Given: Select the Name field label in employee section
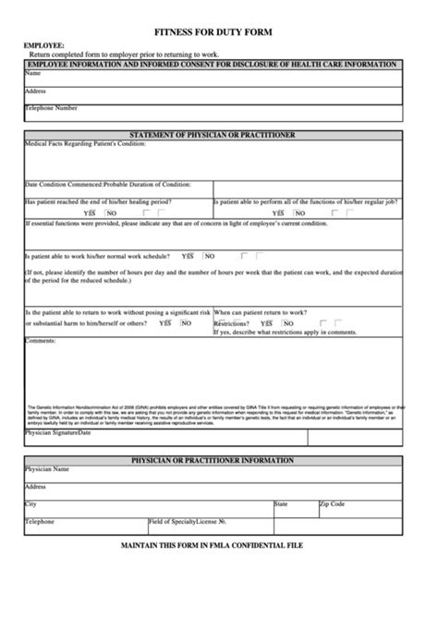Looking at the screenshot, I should coord(32,73).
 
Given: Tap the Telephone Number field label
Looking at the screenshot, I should coord(51,108).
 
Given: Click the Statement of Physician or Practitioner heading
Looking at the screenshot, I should coord(213,135).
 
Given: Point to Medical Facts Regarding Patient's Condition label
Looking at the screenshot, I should coord(85,144).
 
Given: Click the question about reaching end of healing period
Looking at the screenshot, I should coord(97,201).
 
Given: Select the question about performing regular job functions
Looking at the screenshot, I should coord(305,201).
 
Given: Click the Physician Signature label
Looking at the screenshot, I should coord(51,431).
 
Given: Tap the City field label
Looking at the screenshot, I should coord(30,504).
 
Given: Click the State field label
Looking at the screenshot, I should coord(282,504).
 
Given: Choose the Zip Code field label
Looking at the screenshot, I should coord(332,504).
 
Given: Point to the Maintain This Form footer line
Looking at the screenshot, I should coord(212,545).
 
